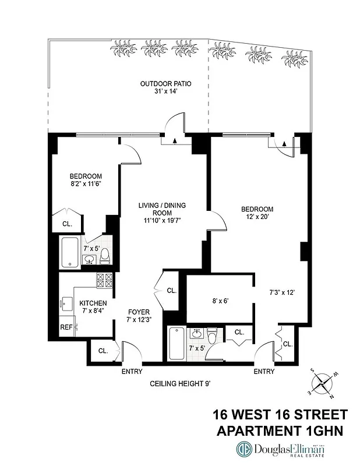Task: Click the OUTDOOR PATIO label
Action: pos(165,84)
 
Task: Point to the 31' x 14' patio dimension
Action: pos(165,92)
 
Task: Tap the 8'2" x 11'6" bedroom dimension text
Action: pos(86,184)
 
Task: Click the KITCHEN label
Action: pos(93,303)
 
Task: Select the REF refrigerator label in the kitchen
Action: pos(66,327)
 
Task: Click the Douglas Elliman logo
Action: pos(280,449)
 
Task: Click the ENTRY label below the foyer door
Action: pos(132,371)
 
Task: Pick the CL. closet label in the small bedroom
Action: pos(67,224)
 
